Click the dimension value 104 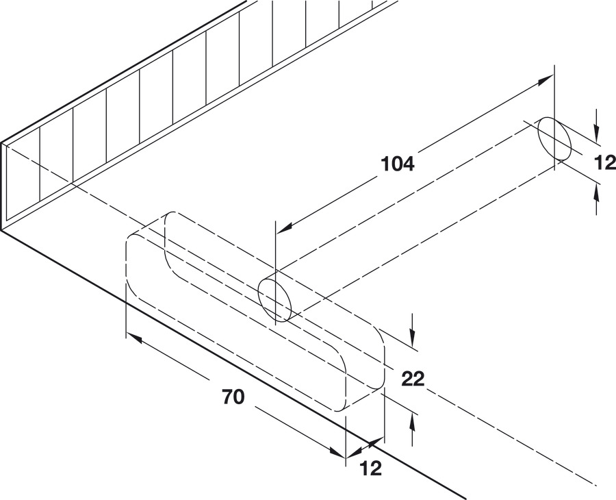point(398,164)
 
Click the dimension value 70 point(233,397)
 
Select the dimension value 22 point(413,379)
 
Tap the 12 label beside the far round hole point(605,162)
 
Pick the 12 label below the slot point(371,468)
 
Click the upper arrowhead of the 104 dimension point(545,80)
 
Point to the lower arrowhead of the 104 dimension point(285,227)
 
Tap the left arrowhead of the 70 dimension point(134,338)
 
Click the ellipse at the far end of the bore point(554,138)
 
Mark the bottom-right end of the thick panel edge point(465,499)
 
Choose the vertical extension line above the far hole point(554,118)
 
